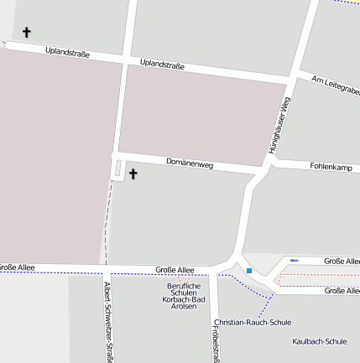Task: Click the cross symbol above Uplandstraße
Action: pos(26,33)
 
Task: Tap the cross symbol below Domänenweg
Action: pos(132,174)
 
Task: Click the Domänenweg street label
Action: pos(190,163)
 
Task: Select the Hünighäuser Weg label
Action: pos(279,124)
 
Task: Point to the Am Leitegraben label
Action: pos(335,85)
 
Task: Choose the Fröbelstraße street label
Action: pos(216,340)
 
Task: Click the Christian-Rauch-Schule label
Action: pos(253,322)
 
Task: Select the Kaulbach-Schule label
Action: pos(320,341)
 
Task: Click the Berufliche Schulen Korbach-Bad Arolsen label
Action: pos(184,296)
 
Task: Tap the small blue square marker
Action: pos(249,271)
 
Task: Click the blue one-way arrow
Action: pos(294,261)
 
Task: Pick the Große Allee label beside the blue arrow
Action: pos(341,262)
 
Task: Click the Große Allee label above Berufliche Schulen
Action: pos(175,270)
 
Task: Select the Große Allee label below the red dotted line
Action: pos(341,290)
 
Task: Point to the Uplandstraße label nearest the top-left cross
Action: pos(67,53)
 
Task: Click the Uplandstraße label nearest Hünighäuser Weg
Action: pos(162,64)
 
